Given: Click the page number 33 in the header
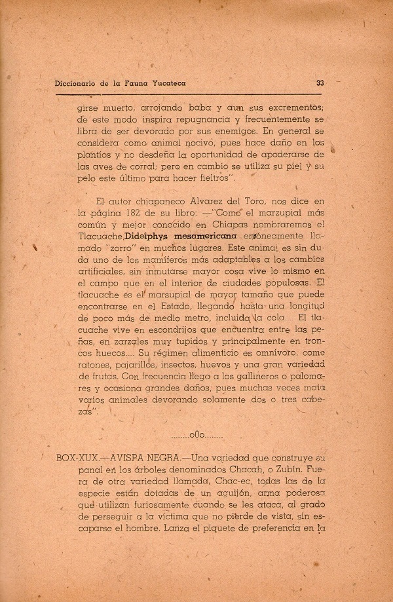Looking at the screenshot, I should [x=320, y=83].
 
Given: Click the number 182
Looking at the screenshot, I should [x=133, y=214].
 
